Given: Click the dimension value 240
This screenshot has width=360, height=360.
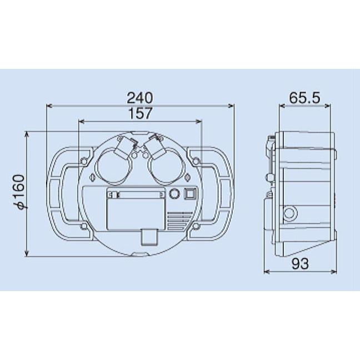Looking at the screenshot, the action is click(139, 98).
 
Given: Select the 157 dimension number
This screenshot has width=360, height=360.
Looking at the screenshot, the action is click(140, 113).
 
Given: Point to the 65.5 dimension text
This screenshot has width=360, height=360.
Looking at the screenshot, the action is click(304, 98).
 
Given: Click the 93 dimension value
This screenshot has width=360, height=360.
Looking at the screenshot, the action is click(300, 263).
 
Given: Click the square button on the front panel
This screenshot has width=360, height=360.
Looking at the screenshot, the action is click(190, 193).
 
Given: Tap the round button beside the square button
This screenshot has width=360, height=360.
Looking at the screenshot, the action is click(174, 193).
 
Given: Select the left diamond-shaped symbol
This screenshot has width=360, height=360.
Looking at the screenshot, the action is click(93, 178).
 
